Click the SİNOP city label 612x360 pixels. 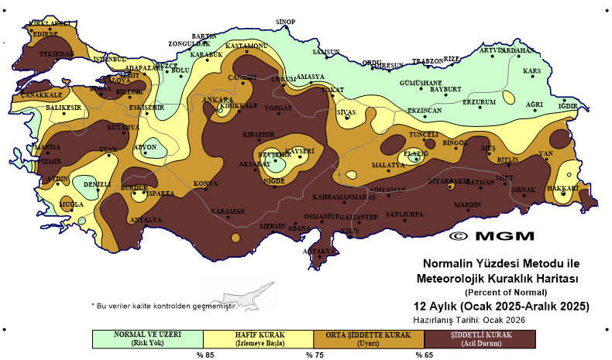coord(286,21)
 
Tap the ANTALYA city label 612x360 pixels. coord(146,219)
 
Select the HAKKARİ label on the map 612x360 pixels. coord(563,187)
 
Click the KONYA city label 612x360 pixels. coord(205,183)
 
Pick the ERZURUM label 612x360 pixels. coord(478,102)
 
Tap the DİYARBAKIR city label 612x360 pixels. coord(449,180)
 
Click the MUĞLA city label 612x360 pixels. coord(71,204)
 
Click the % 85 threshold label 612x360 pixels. coord(204,355)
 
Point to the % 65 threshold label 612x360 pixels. coord(424,355)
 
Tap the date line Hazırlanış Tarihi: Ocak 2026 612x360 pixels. coord(473,319)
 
